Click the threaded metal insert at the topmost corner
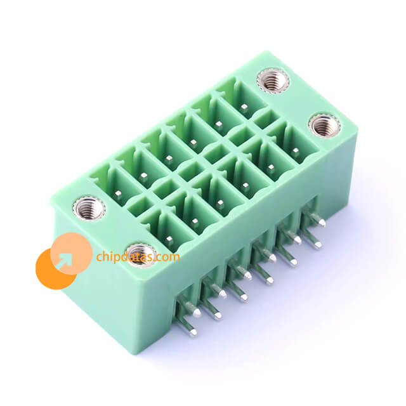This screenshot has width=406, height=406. [x=273, y=81]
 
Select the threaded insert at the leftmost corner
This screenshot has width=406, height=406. [x=89, y=208]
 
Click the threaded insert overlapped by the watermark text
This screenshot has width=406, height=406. [x=141, y=255]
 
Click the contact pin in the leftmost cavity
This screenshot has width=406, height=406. [x=119, y=193]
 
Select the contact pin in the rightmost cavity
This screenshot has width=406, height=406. [x=296, y=150]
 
